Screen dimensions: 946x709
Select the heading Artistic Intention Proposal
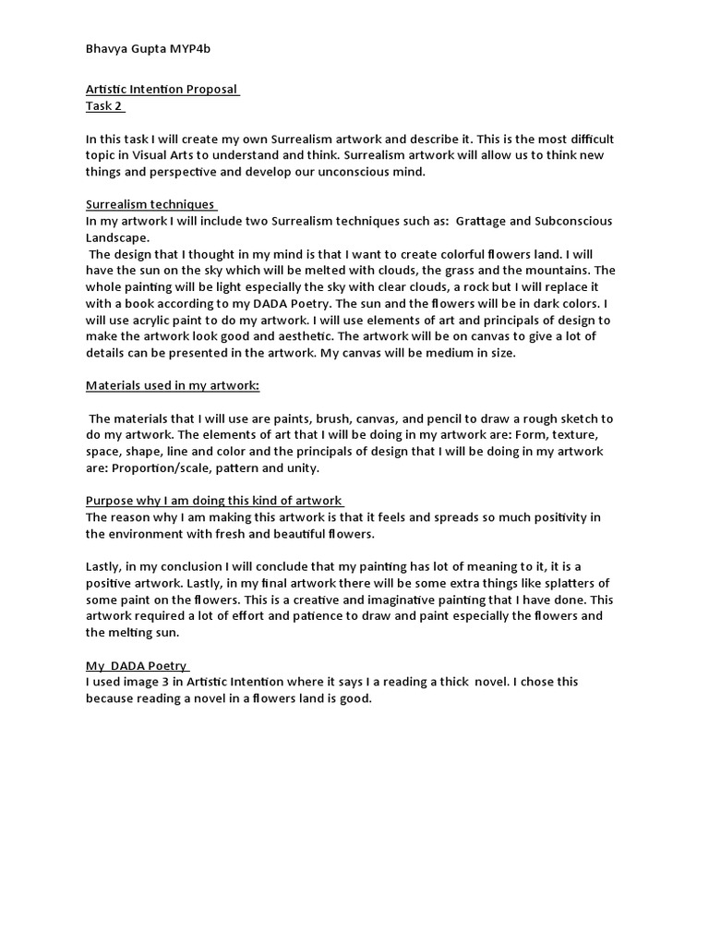tap(162, 90)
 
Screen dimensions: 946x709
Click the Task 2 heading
tap(104, 105)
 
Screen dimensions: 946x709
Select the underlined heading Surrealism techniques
tap(150, 204)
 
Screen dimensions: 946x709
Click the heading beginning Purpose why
tap(214, 500)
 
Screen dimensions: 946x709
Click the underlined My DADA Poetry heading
tap(137, 665)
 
